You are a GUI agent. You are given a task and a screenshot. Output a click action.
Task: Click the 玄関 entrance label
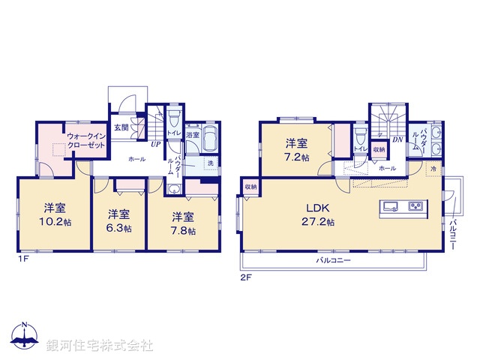(x=121, y=127)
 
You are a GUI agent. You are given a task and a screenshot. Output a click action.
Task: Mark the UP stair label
(x=156, y=144)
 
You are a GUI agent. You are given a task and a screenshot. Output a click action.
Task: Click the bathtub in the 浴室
(x=208, y=139)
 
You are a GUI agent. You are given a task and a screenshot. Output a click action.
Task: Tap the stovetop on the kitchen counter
(x=415, y=206)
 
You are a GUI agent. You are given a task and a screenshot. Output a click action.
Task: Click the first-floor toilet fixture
(x=174, y=117)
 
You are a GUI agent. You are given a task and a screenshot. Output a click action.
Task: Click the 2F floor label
(x=244, y=277)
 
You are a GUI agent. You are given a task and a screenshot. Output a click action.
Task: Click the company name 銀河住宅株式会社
(x=100, y=345)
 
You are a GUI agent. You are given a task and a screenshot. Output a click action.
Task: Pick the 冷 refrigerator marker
(x=434, y=171)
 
